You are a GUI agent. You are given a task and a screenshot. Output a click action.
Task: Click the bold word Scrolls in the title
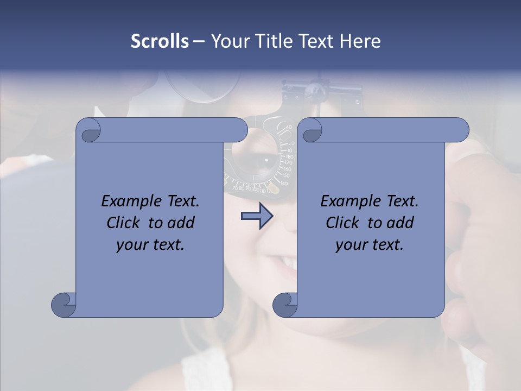(160, 41)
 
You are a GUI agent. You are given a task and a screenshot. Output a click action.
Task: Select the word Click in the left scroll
(123, 223)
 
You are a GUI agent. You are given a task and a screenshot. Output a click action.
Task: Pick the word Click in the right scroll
(342, 223)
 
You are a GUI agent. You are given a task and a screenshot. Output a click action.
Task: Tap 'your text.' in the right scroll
(370, 244)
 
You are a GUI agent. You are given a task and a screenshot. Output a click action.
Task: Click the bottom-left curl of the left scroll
(64, 305)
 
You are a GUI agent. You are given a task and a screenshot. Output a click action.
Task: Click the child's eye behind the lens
(268, 161)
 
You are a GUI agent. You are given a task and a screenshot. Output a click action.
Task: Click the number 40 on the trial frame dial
(288, 127)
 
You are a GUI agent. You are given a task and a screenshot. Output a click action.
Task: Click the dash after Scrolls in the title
(199, 41)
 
